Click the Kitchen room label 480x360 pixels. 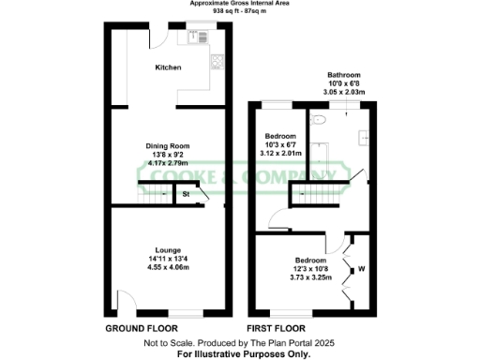168,67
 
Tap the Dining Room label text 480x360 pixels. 168,145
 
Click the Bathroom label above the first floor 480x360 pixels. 343,74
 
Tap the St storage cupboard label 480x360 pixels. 186,195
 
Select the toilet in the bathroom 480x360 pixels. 317,120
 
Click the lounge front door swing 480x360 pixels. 123,302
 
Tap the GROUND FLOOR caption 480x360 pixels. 137,330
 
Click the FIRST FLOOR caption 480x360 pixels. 277,330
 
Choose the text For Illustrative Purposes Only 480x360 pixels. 239,354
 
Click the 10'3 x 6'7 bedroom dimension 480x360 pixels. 281,144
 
